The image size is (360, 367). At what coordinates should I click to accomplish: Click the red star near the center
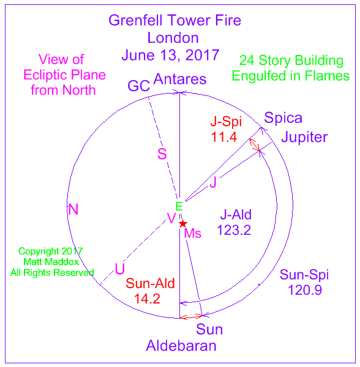(183, 224)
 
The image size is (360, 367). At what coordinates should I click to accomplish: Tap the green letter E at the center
(179, 207)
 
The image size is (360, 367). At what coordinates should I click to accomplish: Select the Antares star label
(180, 79)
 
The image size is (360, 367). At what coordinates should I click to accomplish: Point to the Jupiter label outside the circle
(304, 137)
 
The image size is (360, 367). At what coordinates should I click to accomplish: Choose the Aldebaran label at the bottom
(181, 346)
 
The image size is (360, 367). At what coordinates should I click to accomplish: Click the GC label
(138, 86)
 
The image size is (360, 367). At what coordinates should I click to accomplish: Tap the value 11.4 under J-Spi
(224, 137)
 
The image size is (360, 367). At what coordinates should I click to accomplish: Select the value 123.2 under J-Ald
(234, 230)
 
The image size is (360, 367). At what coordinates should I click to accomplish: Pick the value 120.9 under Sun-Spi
(305, 290)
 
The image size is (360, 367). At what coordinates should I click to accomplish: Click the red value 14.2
(147, 299)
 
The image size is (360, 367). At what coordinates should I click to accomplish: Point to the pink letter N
(73, 209)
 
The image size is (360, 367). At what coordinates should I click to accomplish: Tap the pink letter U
(119, 269)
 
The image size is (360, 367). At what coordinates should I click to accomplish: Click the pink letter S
(162, 154)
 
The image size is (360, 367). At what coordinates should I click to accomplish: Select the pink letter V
(171, 218)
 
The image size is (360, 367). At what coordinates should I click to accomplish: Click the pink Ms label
(193, 234)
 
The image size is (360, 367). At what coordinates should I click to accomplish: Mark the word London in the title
(173, 38)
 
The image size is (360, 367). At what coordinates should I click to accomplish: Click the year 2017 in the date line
(203, 55)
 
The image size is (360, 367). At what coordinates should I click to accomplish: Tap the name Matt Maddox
(51, 262)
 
